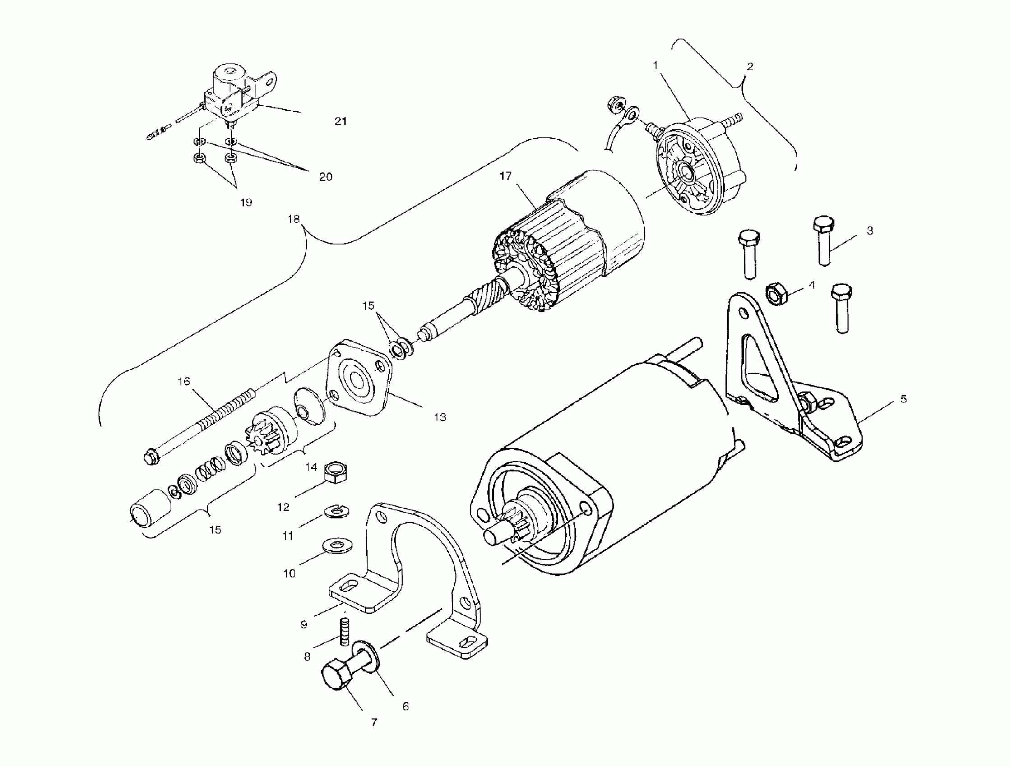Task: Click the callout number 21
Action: [341, 121]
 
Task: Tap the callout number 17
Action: [505, 176]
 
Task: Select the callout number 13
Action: [440, 417]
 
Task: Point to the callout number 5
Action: [903, 399]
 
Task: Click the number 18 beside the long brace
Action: [294, 219]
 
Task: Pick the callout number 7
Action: [374, 722]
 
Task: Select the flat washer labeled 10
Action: [337, 545]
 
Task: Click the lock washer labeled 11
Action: [338, 511]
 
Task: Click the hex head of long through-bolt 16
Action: [150, 457]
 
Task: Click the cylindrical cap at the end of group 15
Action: [149, 513]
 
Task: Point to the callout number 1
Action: [655, 66]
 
